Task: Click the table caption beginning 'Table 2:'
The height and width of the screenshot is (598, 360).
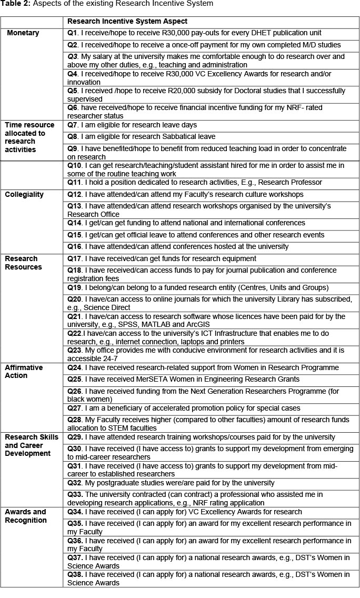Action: tap(107, 4)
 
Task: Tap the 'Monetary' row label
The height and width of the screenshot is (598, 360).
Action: tap(23, 33)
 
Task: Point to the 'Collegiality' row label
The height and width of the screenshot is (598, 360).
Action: tap(24, 194)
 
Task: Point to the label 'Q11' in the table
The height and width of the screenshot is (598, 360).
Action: tap(74, 183)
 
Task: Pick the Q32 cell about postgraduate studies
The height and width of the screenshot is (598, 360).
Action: tap(171, 483)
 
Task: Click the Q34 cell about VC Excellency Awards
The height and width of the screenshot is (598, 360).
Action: tap(185, 512)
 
